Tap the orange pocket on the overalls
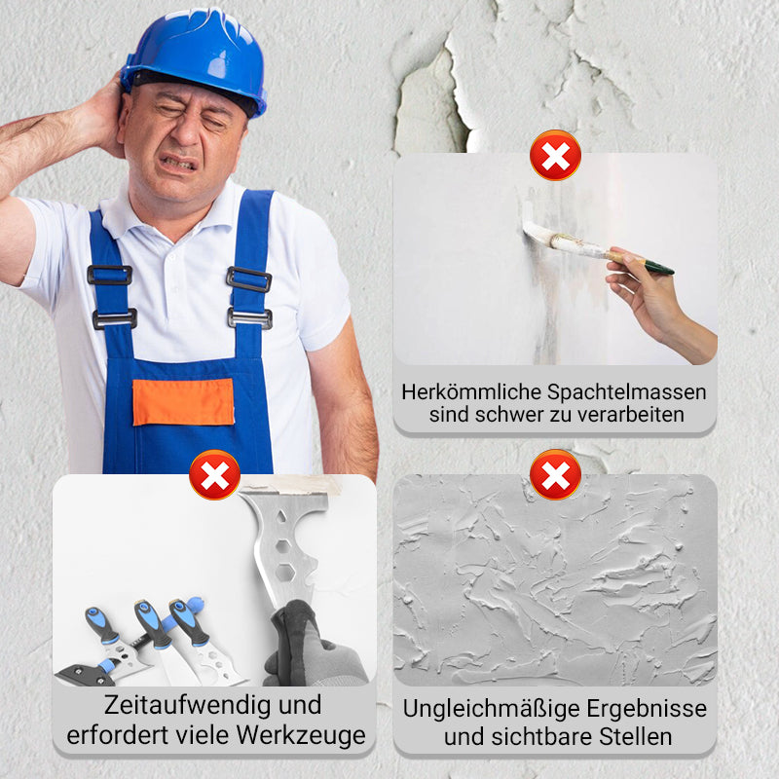[x=183, y=401]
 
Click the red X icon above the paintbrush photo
[x=555, y=155]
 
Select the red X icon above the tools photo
[x=215, y=475]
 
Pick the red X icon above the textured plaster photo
[x=555, y=475]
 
